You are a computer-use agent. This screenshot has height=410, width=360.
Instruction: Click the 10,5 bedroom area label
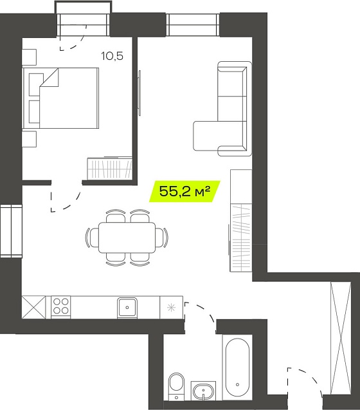(x=112, y=56)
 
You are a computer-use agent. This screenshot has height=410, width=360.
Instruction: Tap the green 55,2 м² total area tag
(x=184, y=191)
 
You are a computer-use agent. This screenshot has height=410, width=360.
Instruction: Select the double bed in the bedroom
(x=60, y=98)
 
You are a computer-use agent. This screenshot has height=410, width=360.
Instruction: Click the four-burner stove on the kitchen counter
(x=61, y=306)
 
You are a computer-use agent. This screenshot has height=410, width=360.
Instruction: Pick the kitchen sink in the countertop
(x=127, y=307)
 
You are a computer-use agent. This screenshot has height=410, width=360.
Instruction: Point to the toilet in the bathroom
(x=176, y=386)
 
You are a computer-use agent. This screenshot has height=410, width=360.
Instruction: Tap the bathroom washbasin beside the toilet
(x=203, y=391)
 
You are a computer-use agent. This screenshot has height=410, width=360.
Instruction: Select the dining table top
(x=127, y=238)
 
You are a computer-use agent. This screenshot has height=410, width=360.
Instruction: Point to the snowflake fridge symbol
(x=171, y=308)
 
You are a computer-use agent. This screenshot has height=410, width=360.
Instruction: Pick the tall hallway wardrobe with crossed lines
(x=341, y=338)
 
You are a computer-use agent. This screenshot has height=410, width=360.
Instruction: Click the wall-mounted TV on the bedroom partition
(x=139, y=93)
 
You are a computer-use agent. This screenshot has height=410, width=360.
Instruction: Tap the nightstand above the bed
(x=29, y=57)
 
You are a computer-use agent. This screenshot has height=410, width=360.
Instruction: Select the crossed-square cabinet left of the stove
(x=33, y=307)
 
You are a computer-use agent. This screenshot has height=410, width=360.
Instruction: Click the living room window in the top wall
(x=193, y=24)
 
